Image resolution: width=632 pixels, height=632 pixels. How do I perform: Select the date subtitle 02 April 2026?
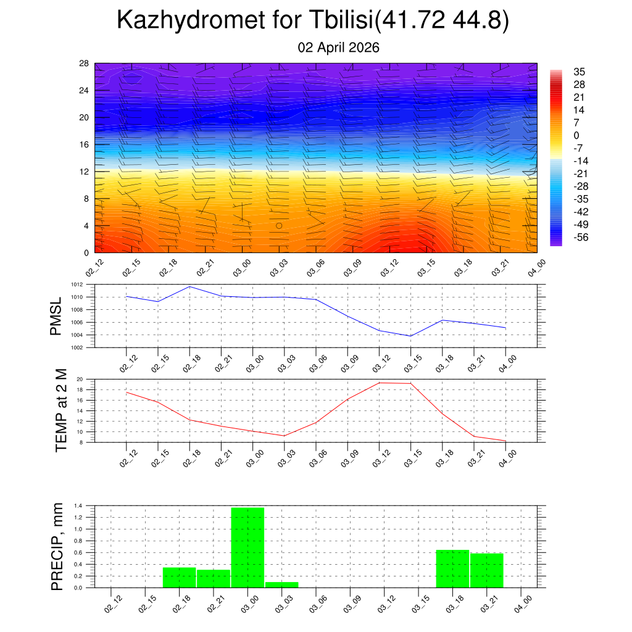[338, 48]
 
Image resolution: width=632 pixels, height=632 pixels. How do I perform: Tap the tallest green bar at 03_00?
[247, 547]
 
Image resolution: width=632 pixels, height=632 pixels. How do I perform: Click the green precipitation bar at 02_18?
[179, 577]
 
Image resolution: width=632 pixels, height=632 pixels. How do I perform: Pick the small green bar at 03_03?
[281, 584]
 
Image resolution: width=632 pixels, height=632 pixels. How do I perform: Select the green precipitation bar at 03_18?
[452, 568]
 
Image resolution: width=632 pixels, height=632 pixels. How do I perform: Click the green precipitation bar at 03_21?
[486, 570]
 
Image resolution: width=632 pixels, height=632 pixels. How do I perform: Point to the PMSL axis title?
[56, 316]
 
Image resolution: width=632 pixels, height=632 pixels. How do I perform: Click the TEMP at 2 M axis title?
[61, 410]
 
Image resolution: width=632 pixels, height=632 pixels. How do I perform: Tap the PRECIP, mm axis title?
[57, 546]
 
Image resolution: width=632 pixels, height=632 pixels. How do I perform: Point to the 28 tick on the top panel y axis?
[85, 63]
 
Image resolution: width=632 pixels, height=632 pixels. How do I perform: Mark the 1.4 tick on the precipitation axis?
[78, 505]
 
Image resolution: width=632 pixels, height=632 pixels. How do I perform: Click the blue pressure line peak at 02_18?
[189, 286]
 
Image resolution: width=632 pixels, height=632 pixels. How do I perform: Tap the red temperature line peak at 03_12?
[380, 383]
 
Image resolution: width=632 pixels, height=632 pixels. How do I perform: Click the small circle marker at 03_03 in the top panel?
[279, 226]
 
